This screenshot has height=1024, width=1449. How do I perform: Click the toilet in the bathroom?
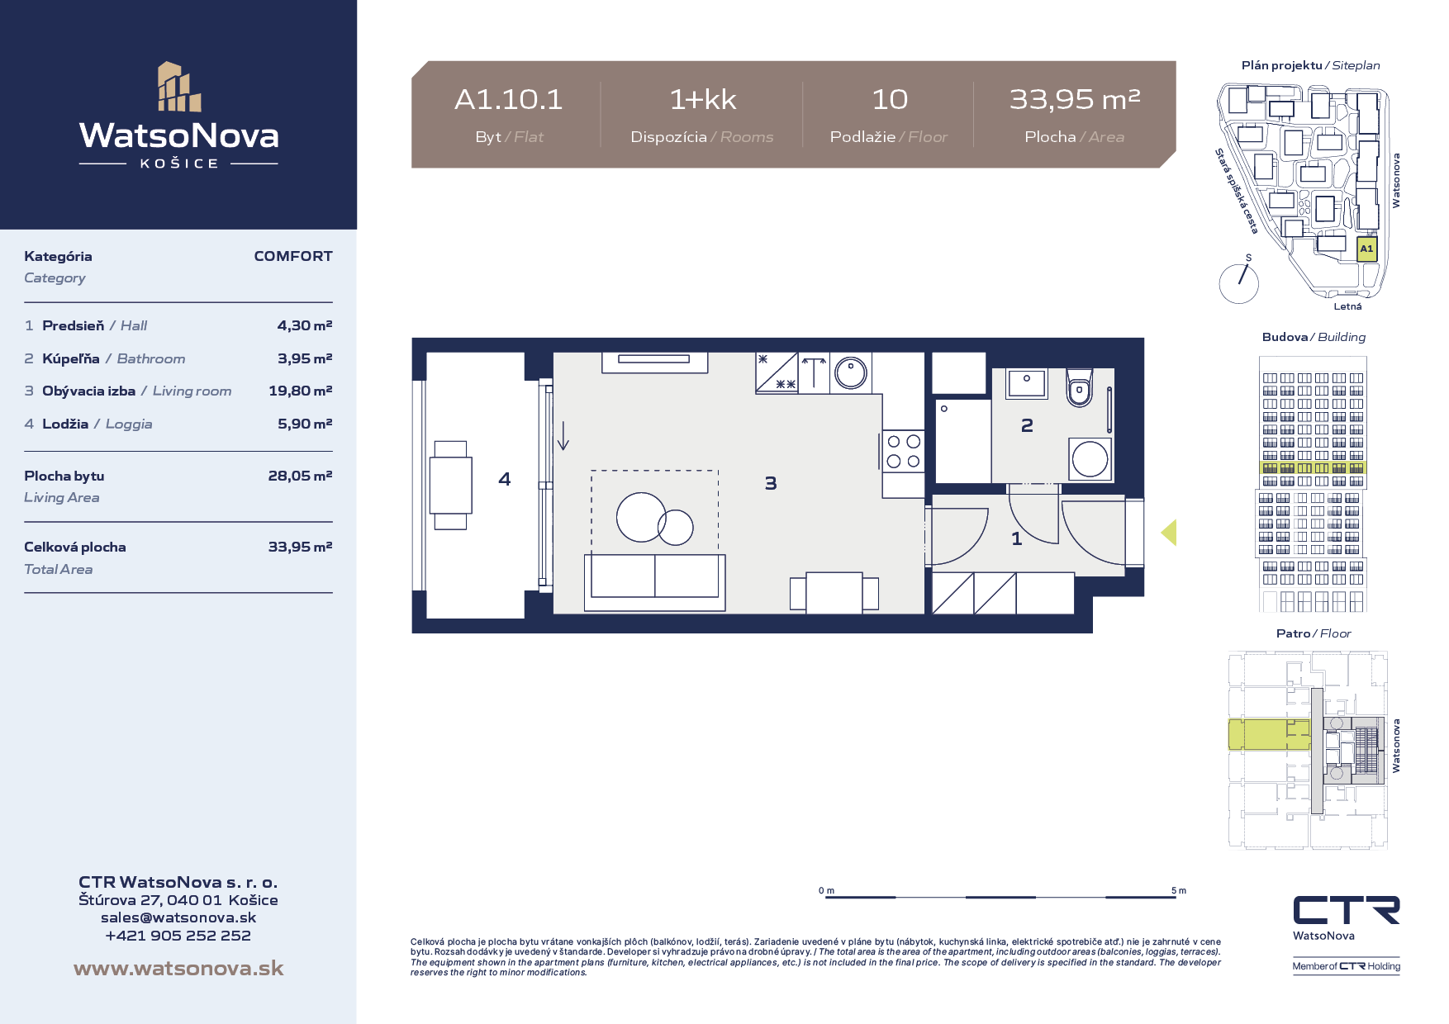click(x=1079, y=388)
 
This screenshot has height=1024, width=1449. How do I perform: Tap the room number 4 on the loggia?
click(x=505, y=479)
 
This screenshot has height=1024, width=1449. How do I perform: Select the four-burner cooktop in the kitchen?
click(x=903, y=452)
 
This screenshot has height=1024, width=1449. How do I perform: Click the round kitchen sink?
click(x=850, y=373)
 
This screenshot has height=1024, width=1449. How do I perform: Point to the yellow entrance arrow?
click(x=1169, y=533)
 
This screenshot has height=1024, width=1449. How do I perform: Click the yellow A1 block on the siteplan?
click(x=1367, y=249)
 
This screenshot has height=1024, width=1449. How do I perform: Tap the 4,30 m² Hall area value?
click(x=305, y=325)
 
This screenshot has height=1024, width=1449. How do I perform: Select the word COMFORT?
click(x=293, y=256)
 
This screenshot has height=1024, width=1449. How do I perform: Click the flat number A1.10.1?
click(x=509, y=100)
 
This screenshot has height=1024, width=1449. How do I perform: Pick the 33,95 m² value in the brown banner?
click(x=1075, y=100)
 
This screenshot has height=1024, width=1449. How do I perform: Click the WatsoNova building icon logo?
click(x=180, y=87)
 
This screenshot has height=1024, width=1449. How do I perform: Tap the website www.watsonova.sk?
click(x=178, y=968)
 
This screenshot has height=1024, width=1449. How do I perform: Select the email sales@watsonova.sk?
click(x=178, y=917)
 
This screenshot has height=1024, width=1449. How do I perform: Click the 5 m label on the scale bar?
click(x=1179, y=890)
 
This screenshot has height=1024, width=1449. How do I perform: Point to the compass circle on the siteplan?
click(x=1238, y=283)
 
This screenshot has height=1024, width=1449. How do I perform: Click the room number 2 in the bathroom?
click(x=1027, y=425)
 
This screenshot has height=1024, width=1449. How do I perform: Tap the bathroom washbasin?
click(x=1027, y=383)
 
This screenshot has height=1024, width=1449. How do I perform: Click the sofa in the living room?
click(x=655, y=582)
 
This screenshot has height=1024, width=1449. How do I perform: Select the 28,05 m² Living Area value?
click(x=300, y=476)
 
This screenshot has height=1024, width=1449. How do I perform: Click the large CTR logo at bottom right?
click(x=1347, y=910)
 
